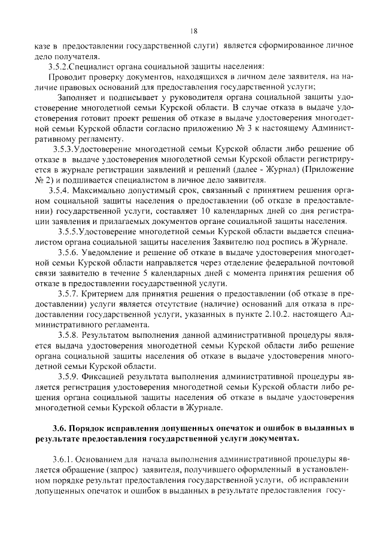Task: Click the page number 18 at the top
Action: point(193,32)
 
